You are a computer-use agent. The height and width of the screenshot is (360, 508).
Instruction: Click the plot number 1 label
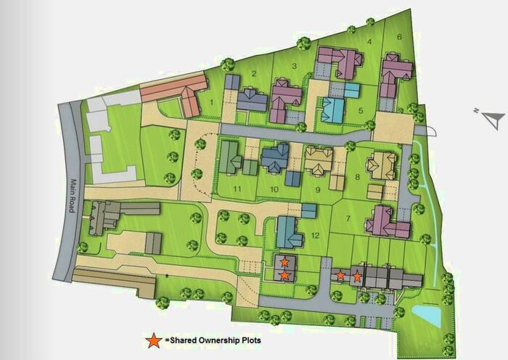coord(211,103)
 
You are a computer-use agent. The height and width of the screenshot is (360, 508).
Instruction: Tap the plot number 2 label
coord(254,73)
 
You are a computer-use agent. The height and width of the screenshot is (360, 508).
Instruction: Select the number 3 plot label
coord(294,67)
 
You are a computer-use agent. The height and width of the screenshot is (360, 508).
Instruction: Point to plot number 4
coord(369,42)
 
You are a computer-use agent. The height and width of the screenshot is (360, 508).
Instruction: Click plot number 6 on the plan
coord(398,37)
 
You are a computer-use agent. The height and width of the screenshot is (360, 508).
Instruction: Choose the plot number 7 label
coord(348,218)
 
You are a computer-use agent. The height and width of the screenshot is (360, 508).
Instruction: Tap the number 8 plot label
coord(357,176)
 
